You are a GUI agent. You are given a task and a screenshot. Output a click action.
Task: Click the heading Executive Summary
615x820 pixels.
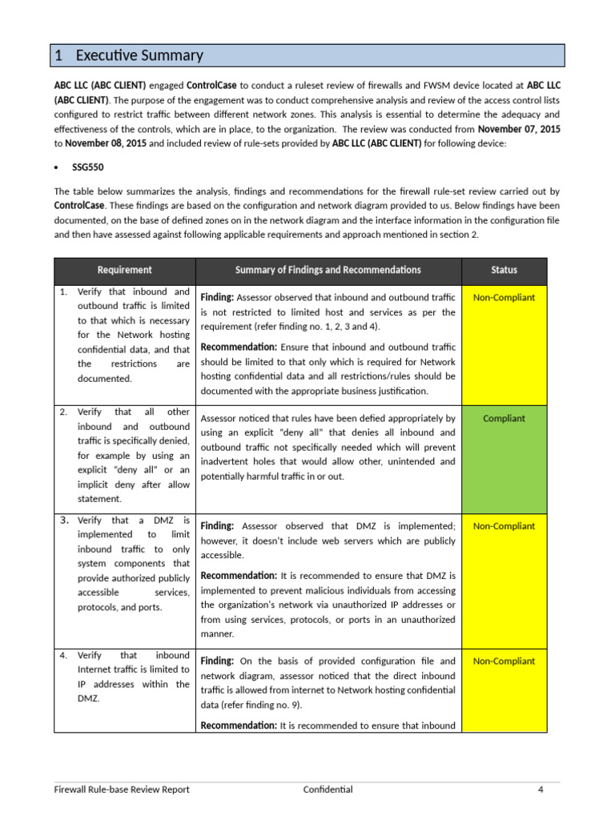pos(139,55)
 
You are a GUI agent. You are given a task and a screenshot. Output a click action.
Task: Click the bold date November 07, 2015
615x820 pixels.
pos(519,129)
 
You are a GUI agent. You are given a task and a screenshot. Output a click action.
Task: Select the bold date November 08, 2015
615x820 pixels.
pos(106,143)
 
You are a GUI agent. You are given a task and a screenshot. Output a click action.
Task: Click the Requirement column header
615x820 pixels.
pos(124,271)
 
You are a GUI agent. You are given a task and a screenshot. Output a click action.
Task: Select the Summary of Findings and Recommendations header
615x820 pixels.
pos(328,271)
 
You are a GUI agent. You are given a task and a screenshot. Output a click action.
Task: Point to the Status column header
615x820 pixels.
pos(504,271)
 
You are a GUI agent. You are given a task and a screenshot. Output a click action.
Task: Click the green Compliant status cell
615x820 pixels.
pos(504,418)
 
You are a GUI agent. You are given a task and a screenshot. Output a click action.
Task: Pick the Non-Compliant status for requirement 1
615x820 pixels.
pos(504,298)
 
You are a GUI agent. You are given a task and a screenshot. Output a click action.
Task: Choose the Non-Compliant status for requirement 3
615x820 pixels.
pos(504,526)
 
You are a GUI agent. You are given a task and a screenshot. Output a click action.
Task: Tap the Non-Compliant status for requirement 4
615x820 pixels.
pos(504,661)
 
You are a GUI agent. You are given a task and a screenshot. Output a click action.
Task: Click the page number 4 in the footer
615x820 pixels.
pos(541,790)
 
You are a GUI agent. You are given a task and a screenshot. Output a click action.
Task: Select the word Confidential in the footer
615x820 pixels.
pos(328,790)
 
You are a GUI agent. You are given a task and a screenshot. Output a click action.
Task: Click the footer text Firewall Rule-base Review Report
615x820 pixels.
pos(122,790)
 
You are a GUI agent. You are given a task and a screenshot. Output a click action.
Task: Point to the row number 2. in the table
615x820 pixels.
pos(63,412)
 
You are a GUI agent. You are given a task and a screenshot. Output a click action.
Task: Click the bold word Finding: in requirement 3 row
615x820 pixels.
pos(217,526)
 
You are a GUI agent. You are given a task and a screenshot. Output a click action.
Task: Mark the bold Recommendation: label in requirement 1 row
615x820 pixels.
pos(239,347)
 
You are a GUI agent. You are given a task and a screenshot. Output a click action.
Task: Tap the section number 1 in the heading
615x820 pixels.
pos(58,55)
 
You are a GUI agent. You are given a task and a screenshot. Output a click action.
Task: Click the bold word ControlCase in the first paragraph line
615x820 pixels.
pos(212,85)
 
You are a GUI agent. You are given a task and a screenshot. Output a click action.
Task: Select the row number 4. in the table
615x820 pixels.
pos(63,655)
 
